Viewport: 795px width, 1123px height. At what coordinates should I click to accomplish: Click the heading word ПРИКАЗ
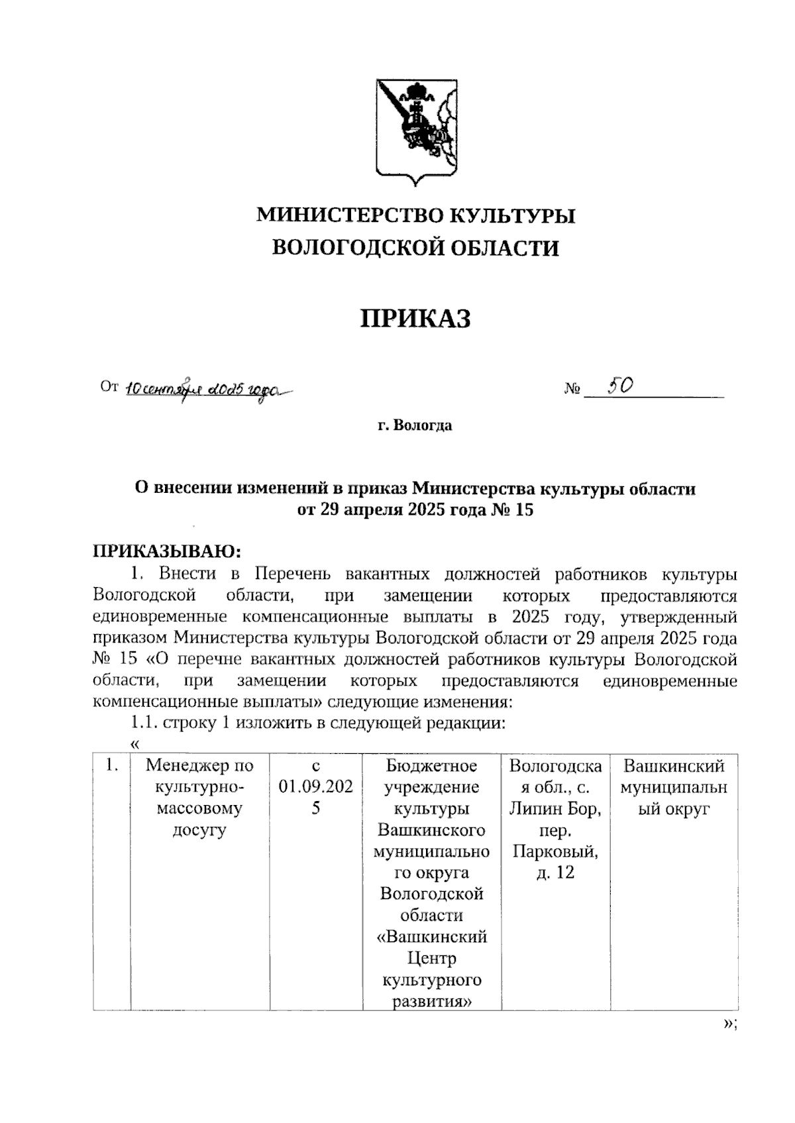415,319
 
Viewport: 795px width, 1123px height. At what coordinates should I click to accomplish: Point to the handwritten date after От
205,390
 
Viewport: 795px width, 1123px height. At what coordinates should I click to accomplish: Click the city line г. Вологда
415,425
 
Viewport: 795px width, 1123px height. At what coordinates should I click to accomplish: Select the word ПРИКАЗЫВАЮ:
167,551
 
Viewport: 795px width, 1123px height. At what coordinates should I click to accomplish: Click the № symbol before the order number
572,389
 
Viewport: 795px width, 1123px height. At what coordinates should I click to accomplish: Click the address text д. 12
555,873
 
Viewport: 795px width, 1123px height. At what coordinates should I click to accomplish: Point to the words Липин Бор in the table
555,809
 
